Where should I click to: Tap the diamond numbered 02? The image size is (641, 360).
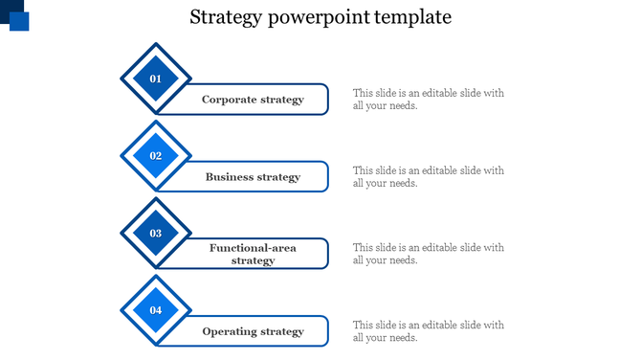tap(156, 156)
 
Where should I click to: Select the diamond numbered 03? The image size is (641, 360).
tap(156, 233)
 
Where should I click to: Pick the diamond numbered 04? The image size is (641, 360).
tap(156, 310)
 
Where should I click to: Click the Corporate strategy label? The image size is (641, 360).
tap(253, 100)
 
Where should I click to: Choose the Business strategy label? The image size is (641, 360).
tap(253, 177)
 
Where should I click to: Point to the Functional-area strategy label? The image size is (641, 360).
tap(253, 254)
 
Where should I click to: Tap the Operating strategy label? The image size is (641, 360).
tap(253, 331)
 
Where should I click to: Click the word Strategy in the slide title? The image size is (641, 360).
tap(223, 17)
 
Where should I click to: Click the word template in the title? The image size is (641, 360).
tap(414, 18)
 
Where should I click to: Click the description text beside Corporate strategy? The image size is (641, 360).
tap(428, 100)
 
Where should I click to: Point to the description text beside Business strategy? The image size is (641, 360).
tap(428, 177)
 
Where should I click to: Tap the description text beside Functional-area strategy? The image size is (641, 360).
tap(428, 254)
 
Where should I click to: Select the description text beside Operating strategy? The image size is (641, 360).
tap(428, 331)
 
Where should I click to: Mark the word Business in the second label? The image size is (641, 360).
tap(230, 177)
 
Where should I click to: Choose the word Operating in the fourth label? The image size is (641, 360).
tap(230, 331)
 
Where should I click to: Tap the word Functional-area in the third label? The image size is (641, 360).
tap(253, 248)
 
